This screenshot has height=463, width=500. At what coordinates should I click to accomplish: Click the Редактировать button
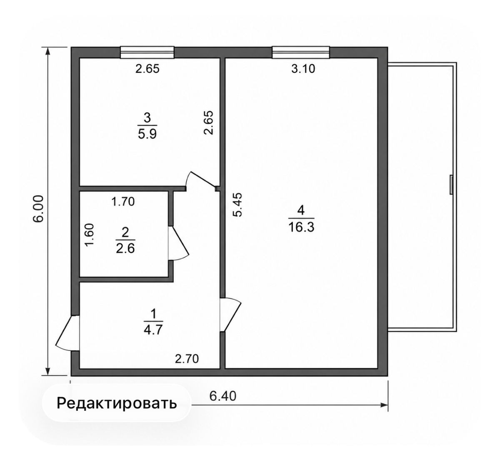point(117,403)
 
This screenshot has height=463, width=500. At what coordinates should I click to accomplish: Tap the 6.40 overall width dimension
point(223,396)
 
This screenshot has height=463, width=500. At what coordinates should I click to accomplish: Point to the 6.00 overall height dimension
point(39,208)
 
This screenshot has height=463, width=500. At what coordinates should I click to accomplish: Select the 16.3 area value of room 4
point(301,227)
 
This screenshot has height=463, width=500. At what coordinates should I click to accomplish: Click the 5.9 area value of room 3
point(147,133)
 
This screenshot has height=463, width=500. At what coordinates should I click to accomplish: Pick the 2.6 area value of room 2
point(125,248)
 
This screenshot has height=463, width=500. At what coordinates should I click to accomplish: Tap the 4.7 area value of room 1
point(153,330)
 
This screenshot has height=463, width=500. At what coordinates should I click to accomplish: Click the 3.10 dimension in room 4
point(303,68)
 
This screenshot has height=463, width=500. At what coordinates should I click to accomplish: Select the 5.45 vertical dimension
point(237,205)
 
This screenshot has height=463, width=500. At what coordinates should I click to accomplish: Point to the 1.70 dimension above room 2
point(123,202)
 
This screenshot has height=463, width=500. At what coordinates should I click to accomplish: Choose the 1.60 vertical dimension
point(90,235)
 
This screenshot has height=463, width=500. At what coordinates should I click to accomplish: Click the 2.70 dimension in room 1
point(187,359)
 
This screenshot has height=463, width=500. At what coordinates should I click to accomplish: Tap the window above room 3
point(147,52)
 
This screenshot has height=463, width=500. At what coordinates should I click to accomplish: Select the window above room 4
point(301,52)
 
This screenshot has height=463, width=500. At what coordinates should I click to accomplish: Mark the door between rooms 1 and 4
point(230,314)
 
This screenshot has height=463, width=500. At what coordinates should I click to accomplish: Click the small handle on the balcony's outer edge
point(451,185)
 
